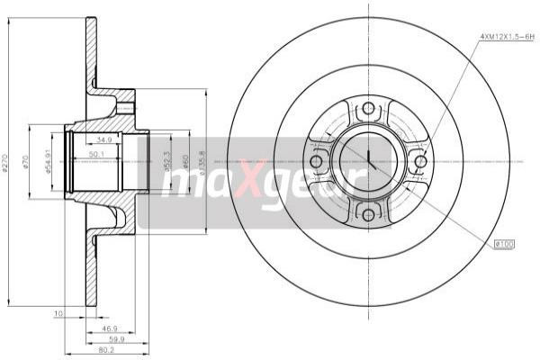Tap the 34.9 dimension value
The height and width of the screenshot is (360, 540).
[x=103, y=139]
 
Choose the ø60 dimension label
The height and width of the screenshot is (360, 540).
[x=185, y=163]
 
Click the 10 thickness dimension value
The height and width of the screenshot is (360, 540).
[x=58, y=314]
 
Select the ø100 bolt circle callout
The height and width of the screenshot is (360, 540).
[x=504, y=243]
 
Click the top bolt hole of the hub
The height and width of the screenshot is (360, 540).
[x=368, y=110]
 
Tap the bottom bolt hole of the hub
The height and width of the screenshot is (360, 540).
[x=368, y=214]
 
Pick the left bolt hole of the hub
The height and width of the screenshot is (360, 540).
[x=316, y=162]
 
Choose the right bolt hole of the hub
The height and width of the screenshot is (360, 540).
[x=420, y=162]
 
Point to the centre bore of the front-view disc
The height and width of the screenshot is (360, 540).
[x=368, y=162]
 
